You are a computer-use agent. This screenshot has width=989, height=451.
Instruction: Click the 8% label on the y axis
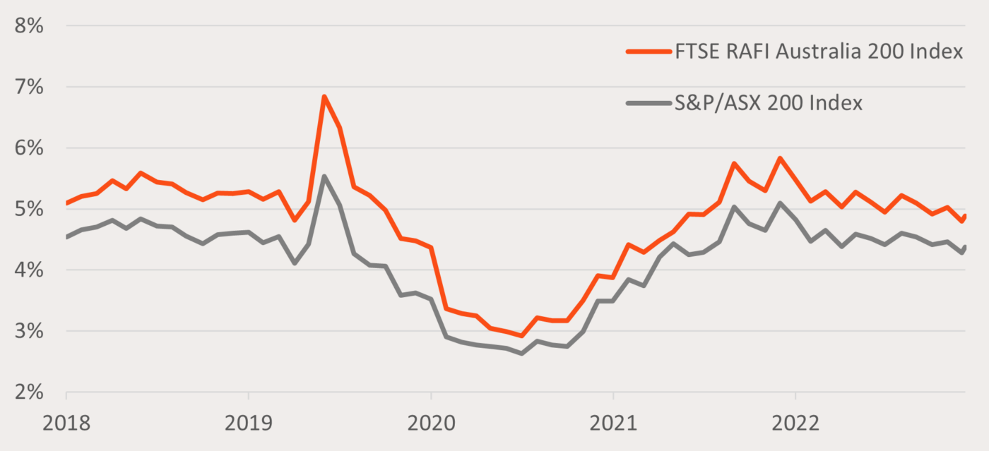[x=27, y=26]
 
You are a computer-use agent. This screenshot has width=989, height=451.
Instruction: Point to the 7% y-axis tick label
[x=27, y=88]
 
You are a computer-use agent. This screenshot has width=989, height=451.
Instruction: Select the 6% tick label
[x=27, y=148]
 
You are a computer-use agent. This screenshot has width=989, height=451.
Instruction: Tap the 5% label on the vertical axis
[x=27, y=210]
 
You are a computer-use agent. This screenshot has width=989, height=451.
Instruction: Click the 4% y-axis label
[x=27, y=270]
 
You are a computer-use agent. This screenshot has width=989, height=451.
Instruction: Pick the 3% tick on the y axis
[x=27, y=331]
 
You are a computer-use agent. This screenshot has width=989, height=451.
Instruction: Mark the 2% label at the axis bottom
[x=27, y=392]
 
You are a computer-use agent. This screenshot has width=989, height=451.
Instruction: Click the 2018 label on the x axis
[x=66, y=423]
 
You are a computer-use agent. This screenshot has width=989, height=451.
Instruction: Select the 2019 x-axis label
[x=248, y=423]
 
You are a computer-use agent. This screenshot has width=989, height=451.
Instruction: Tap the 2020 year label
[x=431, y=423]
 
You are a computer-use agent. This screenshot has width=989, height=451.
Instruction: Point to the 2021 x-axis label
[x=613, y=423]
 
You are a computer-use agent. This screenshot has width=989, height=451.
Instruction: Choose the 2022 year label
[x=795, y=423]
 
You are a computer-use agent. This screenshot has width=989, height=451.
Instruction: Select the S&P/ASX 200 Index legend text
[x=769, y=103]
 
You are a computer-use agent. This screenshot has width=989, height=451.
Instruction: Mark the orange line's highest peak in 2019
[x=324, y=97]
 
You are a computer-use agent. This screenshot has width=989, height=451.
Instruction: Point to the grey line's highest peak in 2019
[x=324, y=176]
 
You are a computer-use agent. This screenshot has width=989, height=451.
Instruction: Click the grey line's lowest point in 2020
[x=521, y=353]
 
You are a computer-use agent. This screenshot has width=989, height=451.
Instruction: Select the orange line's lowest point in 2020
[x=521, y=335]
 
